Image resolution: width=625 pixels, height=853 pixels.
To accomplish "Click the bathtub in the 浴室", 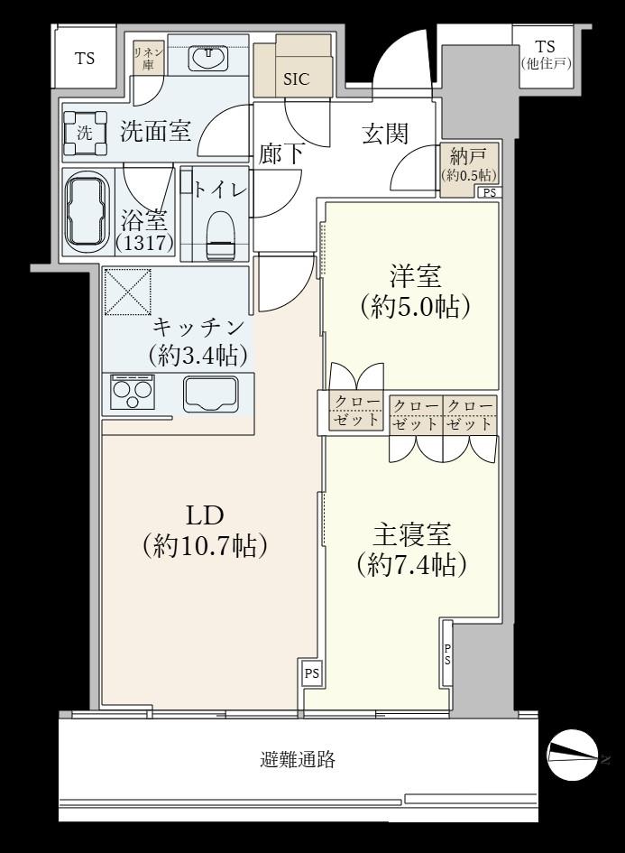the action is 87,213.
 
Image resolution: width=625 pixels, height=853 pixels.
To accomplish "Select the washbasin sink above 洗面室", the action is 207,58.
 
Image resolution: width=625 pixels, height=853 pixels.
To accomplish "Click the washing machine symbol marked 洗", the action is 86,133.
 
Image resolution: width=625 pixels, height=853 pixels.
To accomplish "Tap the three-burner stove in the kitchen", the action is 131,392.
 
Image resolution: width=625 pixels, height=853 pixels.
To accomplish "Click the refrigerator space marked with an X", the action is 128,292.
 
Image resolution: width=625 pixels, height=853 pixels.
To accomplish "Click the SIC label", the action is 296,79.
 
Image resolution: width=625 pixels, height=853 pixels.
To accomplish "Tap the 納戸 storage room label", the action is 467,157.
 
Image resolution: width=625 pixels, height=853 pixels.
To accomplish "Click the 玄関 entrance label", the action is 385,134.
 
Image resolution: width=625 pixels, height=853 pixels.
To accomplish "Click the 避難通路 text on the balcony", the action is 298,759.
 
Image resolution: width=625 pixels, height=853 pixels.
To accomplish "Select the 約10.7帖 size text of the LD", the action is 205,545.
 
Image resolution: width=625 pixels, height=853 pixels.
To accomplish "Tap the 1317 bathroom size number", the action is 144,242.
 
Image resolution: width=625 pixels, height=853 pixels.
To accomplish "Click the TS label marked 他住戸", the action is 545,55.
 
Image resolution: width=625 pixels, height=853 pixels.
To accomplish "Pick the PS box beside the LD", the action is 311,673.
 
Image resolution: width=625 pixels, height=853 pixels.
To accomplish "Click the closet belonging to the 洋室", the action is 356,412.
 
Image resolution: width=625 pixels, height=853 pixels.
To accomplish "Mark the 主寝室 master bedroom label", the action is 411,535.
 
